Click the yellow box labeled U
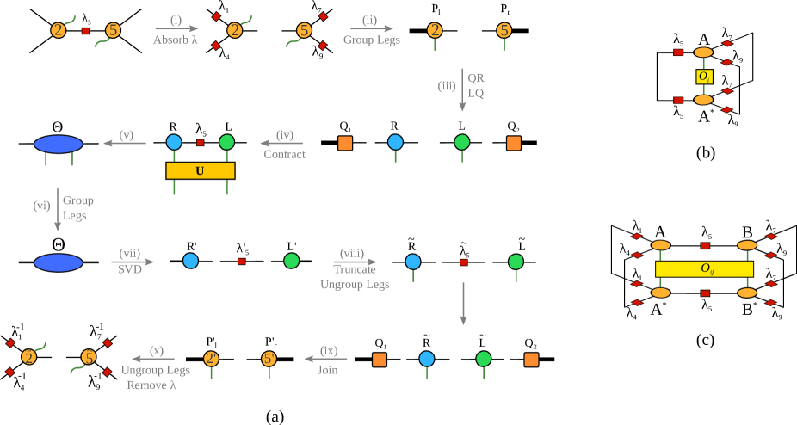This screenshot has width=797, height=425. [200, 171]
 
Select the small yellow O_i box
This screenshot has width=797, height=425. [703, 77]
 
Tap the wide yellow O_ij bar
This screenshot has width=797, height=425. [704, 269]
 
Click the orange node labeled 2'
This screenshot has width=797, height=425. [211, 359]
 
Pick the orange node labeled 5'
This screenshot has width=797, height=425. [269, 359]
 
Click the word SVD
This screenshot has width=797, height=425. [130, 268]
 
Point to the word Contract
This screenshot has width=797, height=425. [284, 155]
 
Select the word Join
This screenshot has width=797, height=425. [328, 370]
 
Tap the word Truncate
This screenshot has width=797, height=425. [355, 269]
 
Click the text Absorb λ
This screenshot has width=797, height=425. [176, 40]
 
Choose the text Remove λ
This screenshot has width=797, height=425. [151, 385]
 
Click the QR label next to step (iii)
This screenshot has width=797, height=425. [476, 77]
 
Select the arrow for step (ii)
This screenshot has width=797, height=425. [371, 28]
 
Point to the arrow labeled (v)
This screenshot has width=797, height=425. [125, 143]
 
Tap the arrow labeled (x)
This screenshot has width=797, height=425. [153, 359]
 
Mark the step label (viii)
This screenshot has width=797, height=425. [351, 253]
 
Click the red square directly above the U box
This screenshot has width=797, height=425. [201, 143]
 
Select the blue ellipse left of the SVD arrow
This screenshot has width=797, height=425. [59, 262]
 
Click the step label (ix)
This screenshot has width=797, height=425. [329, 351]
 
